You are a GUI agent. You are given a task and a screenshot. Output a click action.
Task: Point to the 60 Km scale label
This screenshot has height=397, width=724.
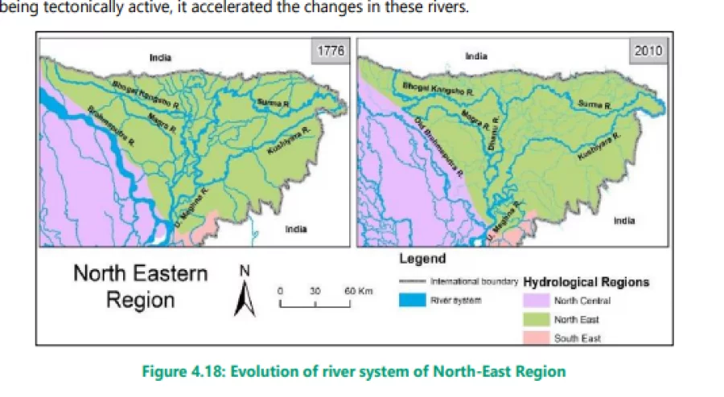356,290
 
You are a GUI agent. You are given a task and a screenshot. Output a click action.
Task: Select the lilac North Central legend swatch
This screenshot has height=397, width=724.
534,301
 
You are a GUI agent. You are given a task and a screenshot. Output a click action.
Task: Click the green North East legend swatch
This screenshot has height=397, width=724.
534,320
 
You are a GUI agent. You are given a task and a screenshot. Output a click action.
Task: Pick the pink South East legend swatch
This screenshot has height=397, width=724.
534,338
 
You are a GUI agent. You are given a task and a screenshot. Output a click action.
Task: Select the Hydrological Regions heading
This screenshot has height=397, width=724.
586,282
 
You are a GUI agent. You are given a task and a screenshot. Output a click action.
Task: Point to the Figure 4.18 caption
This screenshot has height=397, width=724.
354,371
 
